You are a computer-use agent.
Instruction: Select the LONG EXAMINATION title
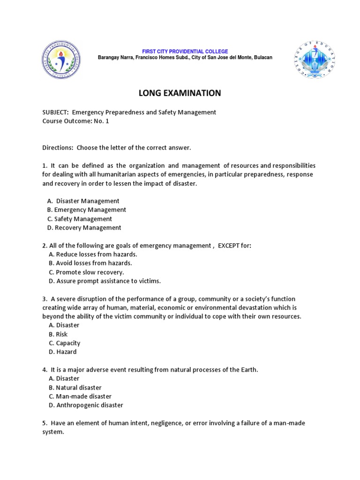(x=180, y=93)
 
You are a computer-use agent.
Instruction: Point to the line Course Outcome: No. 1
(x=75, y=121)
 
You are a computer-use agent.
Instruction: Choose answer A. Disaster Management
(x=84, y=201)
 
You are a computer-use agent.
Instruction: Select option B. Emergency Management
(x=87, y=210)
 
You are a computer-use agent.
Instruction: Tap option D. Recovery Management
(x=84, y=228)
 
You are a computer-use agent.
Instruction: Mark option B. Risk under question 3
(x=58, y=334)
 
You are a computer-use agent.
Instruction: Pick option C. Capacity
(x=64, y=343)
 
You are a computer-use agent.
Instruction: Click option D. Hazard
(x=62, y=352)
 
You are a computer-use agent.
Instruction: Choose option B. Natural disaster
(x=75, y=388)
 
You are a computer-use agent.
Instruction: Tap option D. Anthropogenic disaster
(x=86, y=405)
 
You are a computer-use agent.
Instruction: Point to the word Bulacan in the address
(x=262, y=57)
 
